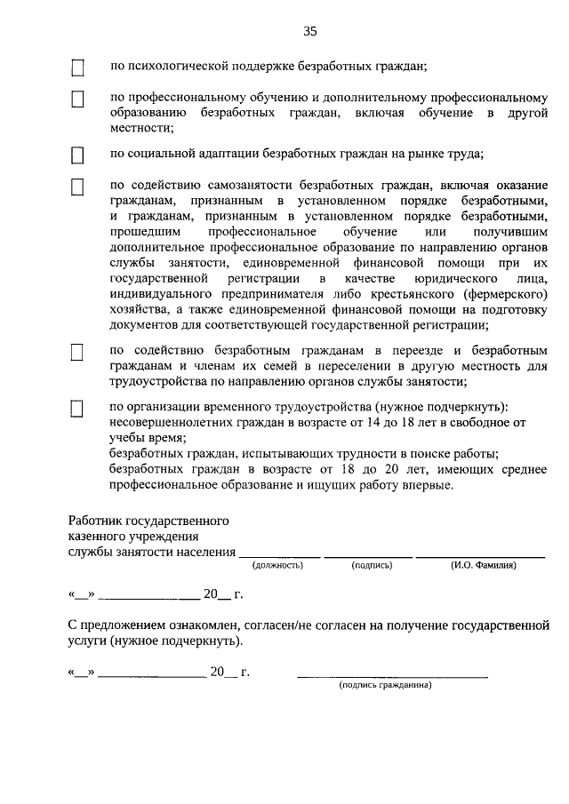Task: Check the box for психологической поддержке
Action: point(77,68)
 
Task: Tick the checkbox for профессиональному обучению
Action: point(77,100)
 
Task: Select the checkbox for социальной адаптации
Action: point(77,155)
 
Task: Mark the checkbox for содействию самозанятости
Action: point(77,187)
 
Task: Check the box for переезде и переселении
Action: point(77,353)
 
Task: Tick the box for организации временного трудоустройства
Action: point(77,409)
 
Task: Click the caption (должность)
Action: point(278,565)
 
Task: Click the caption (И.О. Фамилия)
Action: point(483,565)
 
